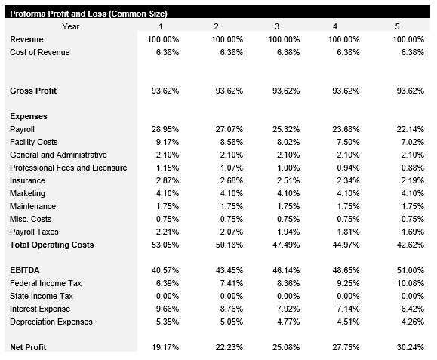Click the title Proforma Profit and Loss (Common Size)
[88, 14]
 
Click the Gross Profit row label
[33, 91]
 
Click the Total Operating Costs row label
[52, 245]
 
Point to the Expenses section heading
[29, 117]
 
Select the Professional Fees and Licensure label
[68, 168]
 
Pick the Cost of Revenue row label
[40, 53]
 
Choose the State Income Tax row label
[42, 297]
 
